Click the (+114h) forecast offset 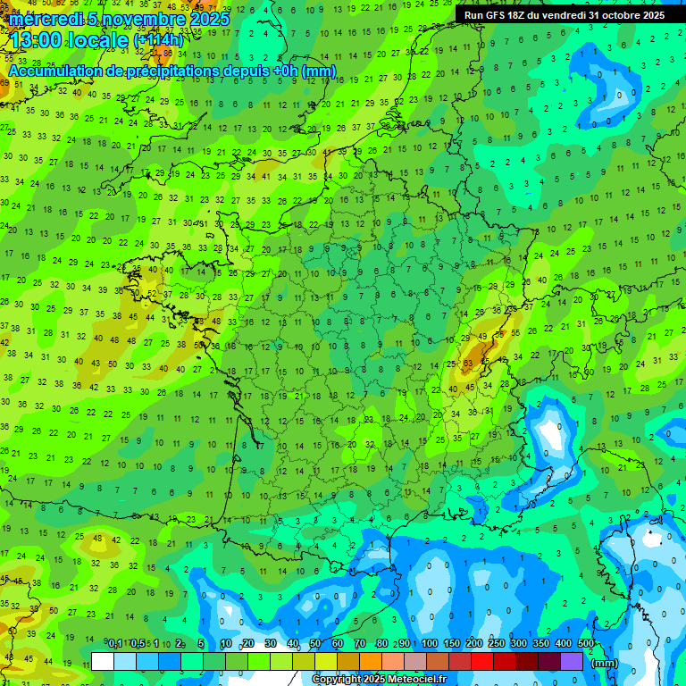coord(158,41)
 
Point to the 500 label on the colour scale coord(586,643)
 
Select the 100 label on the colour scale coord(430,643)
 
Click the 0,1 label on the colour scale coord(114,643)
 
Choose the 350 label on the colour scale coord(541,643)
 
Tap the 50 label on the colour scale coord(315,643)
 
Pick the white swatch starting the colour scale coord(103,661)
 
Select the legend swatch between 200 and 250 coord(482,661)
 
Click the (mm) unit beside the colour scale coord(604,663)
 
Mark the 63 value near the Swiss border coord(467,364)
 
